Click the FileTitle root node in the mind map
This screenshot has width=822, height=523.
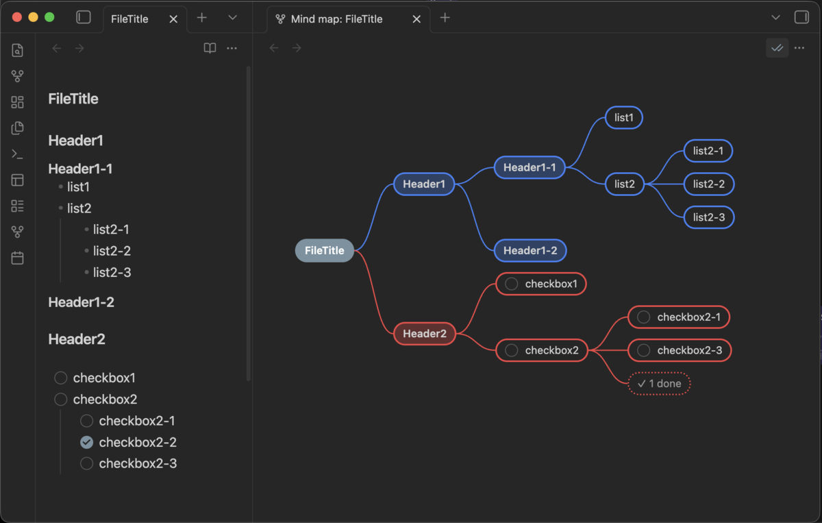point(325,250)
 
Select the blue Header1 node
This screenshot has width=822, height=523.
point(424,184)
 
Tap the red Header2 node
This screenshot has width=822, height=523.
point(425,334)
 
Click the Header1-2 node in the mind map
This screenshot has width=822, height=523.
point(530,250)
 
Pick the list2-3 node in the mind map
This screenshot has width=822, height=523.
point(708,217)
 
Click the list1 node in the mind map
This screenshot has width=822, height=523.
point(623,117)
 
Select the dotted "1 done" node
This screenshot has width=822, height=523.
point(659,383)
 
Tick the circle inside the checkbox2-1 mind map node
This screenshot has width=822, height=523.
point(643,317)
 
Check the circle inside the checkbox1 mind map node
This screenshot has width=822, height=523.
point(511,284)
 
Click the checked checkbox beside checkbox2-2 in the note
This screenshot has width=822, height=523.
point(86,442)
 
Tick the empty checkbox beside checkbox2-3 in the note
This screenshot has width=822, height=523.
point(86,463)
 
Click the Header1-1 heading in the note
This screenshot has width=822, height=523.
point(80,169)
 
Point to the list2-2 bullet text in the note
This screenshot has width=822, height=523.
point(112,251)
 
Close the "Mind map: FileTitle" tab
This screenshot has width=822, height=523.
point(416,19)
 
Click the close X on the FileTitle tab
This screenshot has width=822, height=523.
point(173,19)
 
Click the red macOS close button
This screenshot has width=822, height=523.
point(17,17)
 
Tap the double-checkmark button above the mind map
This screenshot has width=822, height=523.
point(777,48)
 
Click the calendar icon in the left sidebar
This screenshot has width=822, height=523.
point(17,258)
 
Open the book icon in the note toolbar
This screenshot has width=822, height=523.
point(210,48)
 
